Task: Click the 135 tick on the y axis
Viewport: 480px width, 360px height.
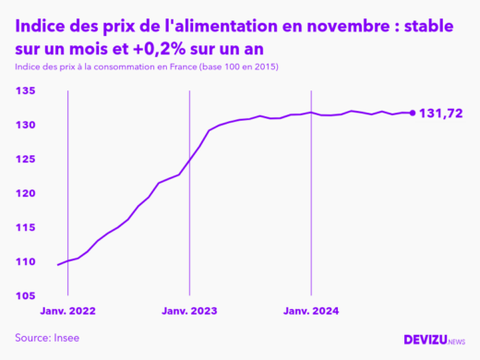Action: click(25, 90)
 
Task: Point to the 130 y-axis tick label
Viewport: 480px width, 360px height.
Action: click(25, 125)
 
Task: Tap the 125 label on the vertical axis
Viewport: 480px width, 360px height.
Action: click(25, 159)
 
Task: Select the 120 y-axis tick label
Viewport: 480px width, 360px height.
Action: click(25, 193)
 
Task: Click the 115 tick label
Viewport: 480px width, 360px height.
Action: click(25, 227)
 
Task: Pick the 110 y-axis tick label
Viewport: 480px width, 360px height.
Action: click(25, 261)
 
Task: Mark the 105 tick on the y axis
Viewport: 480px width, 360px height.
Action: click(25, 295)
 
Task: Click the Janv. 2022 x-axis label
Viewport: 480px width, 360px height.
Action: click(67, 311)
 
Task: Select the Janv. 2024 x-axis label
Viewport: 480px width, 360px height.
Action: click(310, 311)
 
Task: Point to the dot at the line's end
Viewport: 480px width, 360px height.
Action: click(412, 114)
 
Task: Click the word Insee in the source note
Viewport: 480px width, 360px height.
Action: click(65, 338)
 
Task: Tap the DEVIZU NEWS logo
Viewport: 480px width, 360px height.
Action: click(435, 340)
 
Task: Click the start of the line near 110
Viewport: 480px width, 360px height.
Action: click(58, 265)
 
